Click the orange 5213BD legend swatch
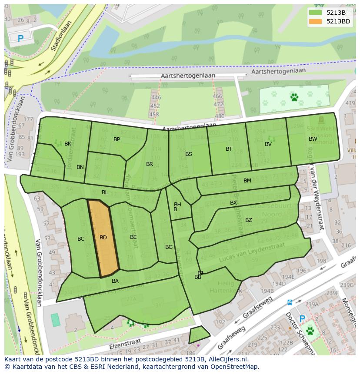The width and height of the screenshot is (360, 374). pos(316,21)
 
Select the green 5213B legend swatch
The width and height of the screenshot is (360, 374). pos(316,13)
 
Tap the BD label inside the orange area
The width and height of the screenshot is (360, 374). pos(103,238)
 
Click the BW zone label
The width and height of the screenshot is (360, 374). pos(313,139)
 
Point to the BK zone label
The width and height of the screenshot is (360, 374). pos(68,144)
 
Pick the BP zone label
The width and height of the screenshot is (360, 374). pos(117,139)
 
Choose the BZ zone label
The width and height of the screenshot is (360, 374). pos(249,220)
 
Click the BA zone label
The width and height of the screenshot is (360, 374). pos(115,281)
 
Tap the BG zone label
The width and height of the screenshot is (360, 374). pos(169,247)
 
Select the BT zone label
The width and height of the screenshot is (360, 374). pos(229,149)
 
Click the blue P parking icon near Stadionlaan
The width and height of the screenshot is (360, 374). pos(20,39)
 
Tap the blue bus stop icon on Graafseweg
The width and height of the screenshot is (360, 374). pos(290,302)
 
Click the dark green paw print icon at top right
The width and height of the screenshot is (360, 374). pos(294,97)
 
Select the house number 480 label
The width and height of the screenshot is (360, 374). pos(220,116)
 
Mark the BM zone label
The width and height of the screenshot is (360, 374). pos(247,181)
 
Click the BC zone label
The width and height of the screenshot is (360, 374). pos(81,239)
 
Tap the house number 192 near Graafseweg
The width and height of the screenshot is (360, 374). pos(220,322)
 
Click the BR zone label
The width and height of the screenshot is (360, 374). pos(150,164)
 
